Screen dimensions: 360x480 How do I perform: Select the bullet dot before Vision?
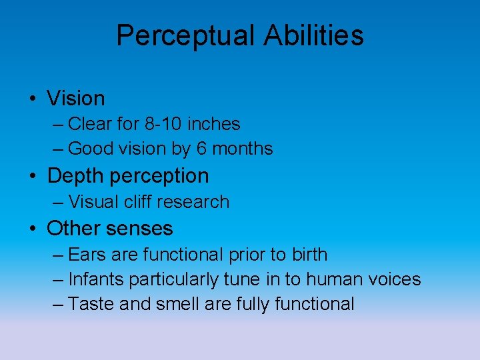33,99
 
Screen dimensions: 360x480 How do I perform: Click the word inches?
213,124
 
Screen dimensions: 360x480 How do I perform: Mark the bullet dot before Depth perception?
33,177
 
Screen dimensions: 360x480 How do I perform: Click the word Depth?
75,176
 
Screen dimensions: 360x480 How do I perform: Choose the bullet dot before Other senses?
33,229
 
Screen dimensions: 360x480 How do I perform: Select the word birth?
309,255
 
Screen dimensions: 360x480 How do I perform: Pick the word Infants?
97,279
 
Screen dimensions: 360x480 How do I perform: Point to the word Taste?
90,304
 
